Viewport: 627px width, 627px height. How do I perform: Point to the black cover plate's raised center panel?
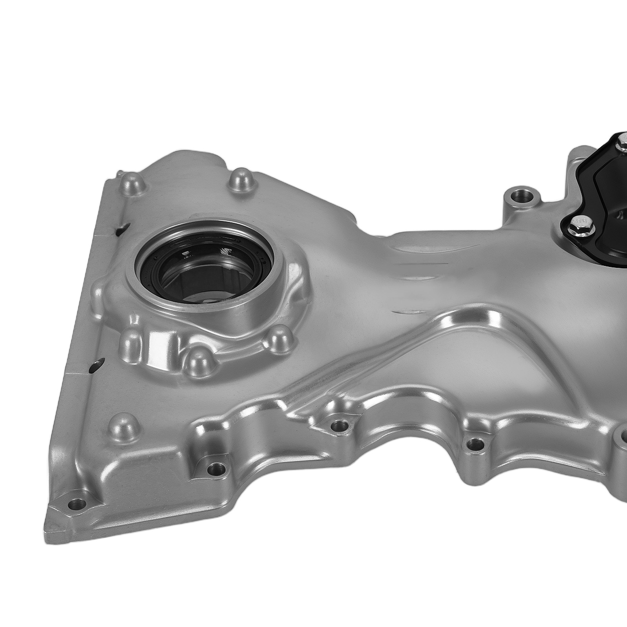[x=603, y=184]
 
